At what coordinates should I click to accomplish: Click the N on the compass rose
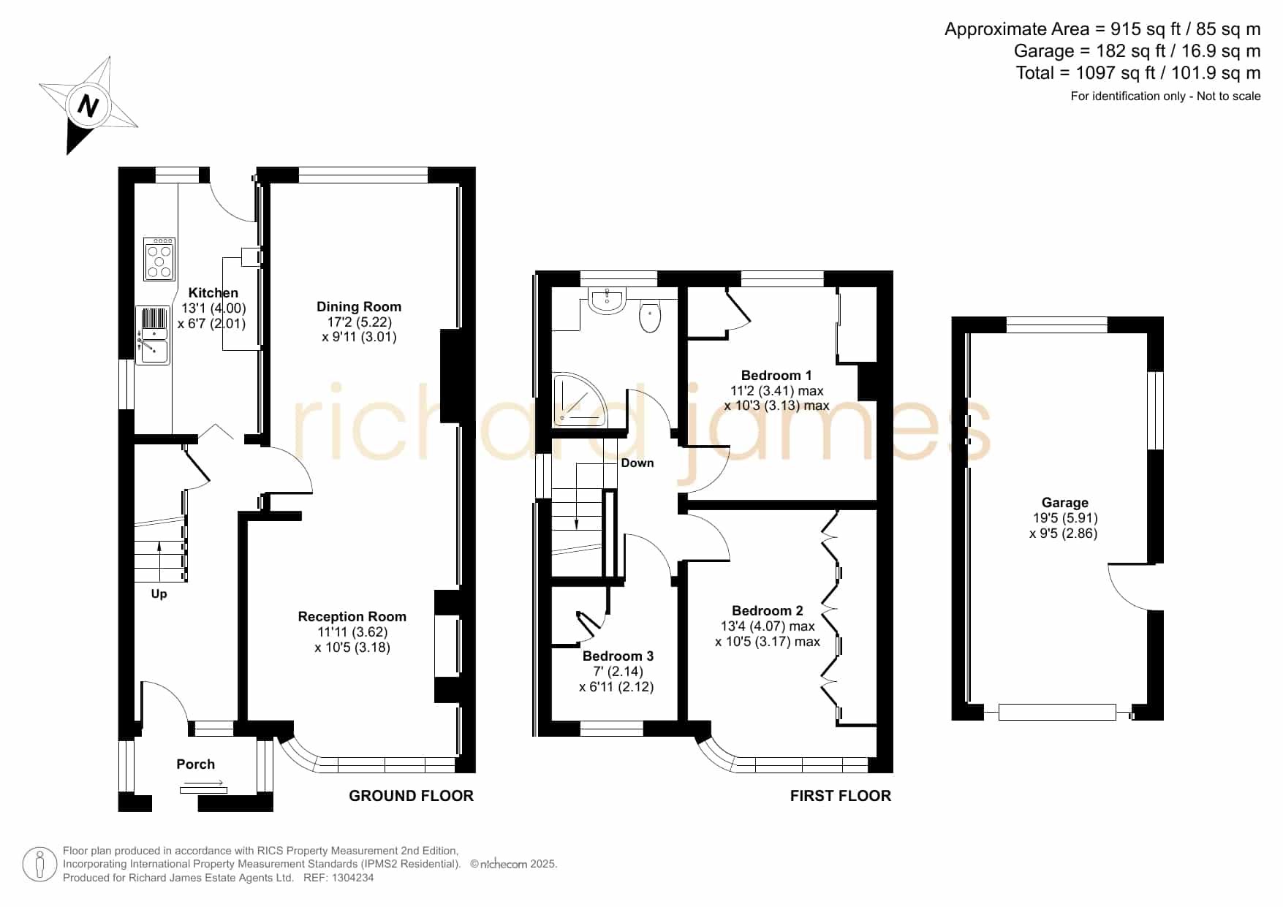[x=88, y=106]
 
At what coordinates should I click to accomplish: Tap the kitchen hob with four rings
[x=159, y=259]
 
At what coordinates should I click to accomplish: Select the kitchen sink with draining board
[x=153, y=335]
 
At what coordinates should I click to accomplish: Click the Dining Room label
[x=359, y=307]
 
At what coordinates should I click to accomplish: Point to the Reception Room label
[x=352, y=617]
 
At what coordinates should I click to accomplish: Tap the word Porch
[x=196, y=764]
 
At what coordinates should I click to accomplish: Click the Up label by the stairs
[x=159, y=594]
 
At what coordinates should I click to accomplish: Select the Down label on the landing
[x=637, y=463]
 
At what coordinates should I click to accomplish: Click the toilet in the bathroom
[x=650, y=317]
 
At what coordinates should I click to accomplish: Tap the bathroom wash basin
[x=606, y=300]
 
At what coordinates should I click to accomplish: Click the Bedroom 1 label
[x=776, y=376]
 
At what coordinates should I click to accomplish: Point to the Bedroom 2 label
[x=768, y=611]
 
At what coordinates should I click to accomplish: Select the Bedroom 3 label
[x=618, y=656]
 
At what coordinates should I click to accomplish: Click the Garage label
[x=1065, y=503]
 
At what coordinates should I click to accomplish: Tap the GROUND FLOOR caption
[x=412, y=796]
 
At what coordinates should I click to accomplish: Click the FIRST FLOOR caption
[x=841, y=796]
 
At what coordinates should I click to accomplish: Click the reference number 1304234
[x=353, y=878]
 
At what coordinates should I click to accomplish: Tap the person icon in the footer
[x=39, y=865]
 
